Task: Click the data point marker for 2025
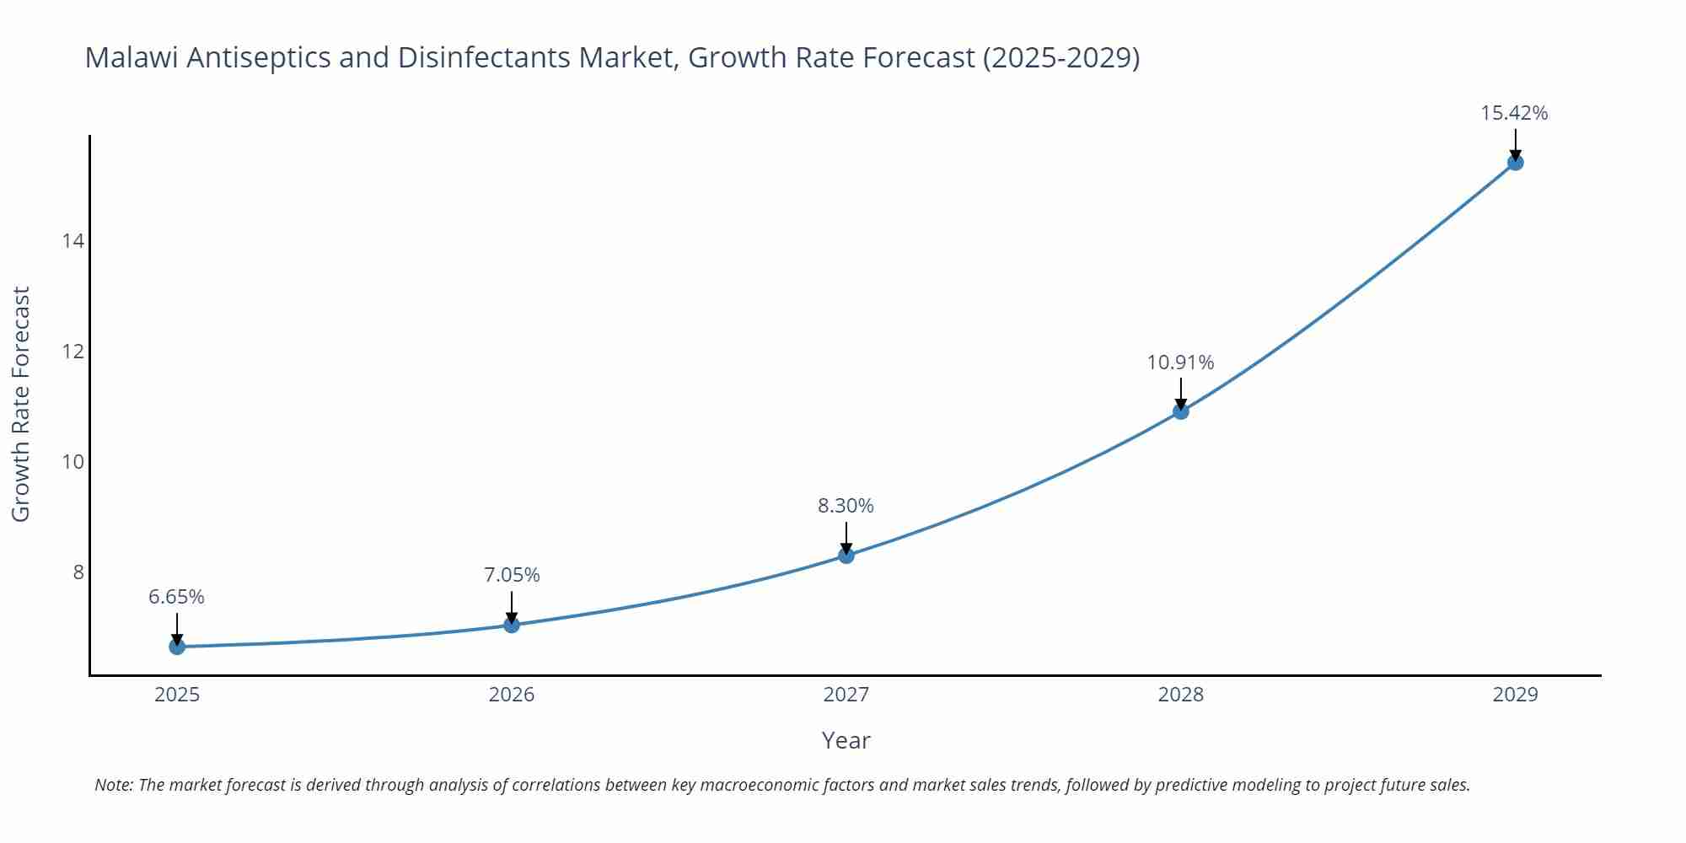pos(177,647)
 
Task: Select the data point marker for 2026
pos(512,625)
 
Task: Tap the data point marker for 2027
pos(846,556)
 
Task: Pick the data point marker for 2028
pos(1181,411)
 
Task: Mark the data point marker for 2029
pos(1515,163)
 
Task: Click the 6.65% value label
pos(176,597)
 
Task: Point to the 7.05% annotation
pos(512,575)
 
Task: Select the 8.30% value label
pos(846,506)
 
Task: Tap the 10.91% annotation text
pos(1180,362)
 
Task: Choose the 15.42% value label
pos(1514,113)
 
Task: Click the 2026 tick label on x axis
pos(512,695)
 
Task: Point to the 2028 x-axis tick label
pos(1181,695)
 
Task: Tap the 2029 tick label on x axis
pos(1515,695)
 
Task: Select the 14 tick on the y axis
pos(73,242)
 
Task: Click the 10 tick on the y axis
pos(73,462)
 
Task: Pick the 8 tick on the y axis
pos(78,572)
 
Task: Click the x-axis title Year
pos(846,740)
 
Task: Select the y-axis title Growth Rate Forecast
pos(21,404)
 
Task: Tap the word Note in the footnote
pos(113,785)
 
